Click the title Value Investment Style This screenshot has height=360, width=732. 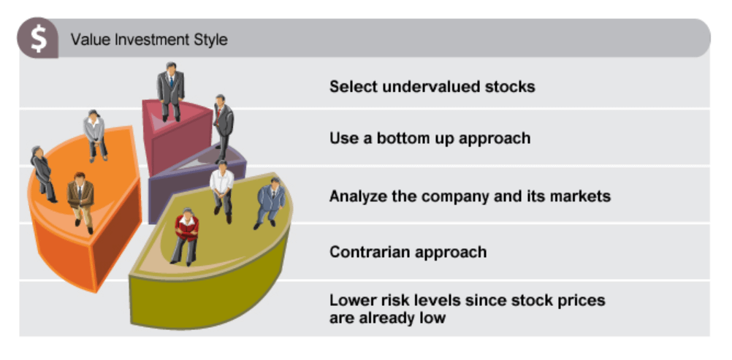point(149,39)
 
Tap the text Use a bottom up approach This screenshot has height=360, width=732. point(430,138)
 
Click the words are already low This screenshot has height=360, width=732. point(387,318)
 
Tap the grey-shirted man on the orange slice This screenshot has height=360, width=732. point(95,135)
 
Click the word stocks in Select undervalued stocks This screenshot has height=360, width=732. point(510,87)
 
